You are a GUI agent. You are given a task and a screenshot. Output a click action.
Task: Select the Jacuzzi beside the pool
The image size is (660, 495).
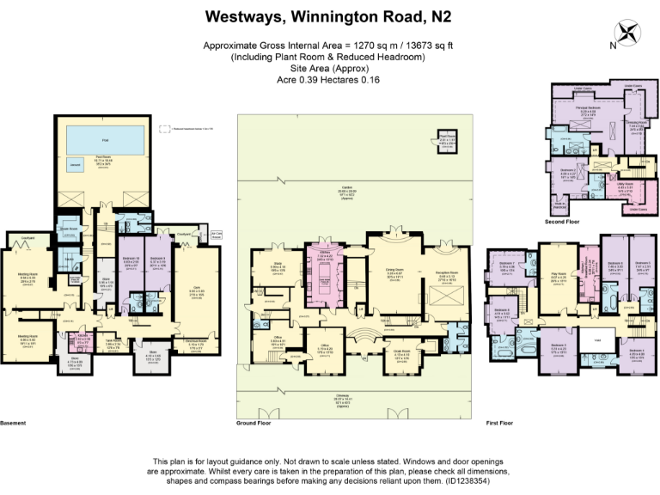tap(76, 163)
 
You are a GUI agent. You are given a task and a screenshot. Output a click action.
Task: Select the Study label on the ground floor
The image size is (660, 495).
tap(278, 266)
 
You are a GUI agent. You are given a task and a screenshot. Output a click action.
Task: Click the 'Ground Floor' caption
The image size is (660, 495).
tap(256, 423)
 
